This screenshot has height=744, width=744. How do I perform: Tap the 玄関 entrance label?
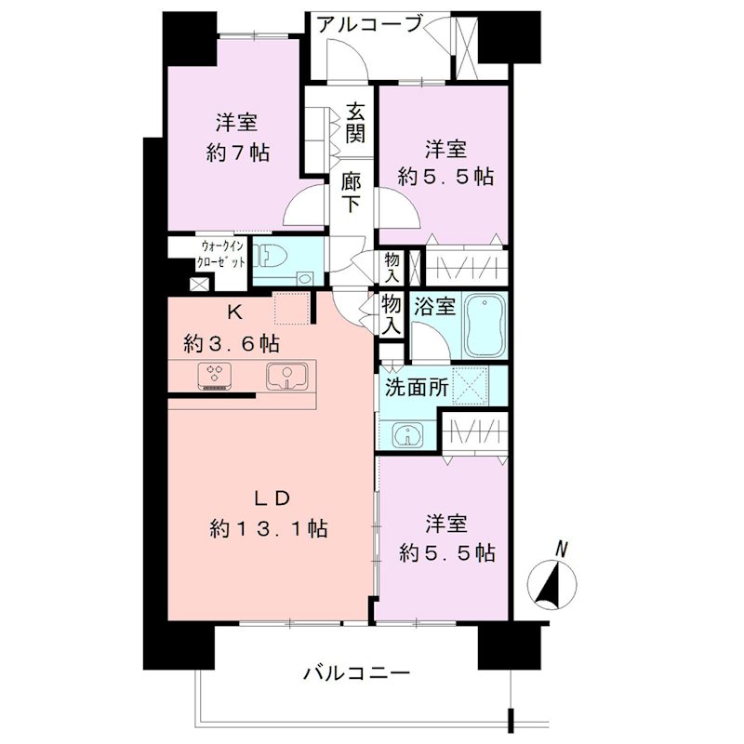[355, 122]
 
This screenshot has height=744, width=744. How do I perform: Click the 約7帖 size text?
[237, 153]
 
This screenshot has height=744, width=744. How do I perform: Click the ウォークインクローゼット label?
[222, 254]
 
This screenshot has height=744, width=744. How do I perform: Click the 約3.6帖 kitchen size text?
[231, 343]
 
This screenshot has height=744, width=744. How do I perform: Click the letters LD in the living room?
[271, 496]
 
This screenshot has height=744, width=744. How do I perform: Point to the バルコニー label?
[356, 671]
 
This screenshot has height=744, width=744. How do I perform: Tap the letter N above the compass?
[560, 548]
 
